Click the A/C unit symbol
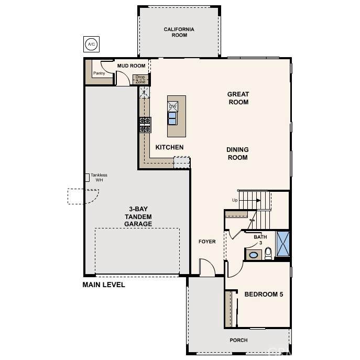[x=91, y=44]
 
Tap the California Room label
[x=179, y=32]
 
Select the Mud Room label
[x=132, y=66]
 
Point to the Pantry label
[x=99, y=73]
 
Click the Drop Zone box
[x=140, y=80]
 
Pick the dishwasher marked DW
[x=172, y=106]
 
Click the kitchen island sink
[x=172, y=118]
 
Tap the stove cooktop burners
[x=145, y=125]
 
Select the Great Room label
[x=238, y=98]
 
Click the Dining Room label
[x=237, y=154]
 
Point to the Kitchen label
[x=169, y=147]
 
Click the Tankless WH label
[x=99, y=178]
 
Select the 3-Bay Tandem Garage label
[x=138, y=216]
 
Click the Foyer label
[x=207, y=242]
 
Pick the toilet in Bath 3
[x=268, y=254]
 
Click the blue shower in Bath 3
[x=283, y=244]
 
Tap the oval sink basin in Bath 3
[x=253, y=255]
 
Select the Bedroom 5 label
[x=264, y=294]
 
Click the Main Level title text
[x=104, y=285]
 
